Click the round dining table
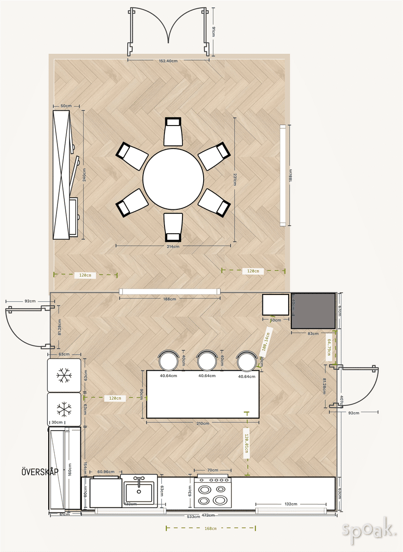(173, 178)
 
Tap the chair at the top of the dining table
(173, 132)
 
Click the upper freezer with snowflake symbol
(64, 375)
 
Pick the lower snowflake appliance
(64, 409)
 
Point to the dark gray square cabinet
(313, 310)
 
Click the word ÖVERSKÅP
(40, 472)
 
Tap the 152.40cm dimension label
(168, 61)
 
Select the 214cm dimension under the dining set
(173, 246)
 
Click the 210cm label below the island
(203, 423)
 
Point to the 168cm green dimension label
(210, 529)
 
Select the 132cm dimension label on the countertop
(290, 504)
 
